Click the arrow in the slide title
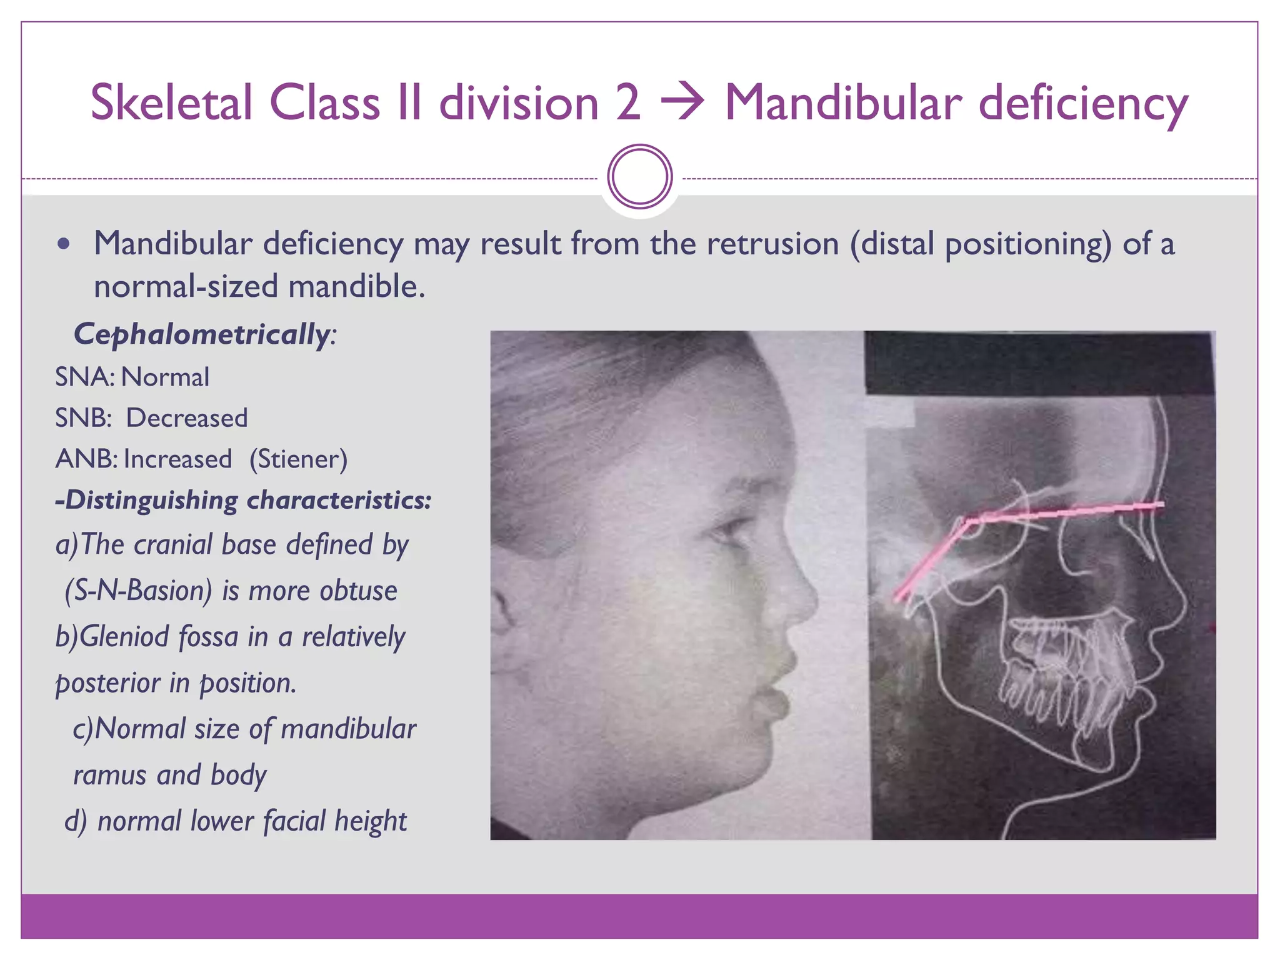pos(682,102)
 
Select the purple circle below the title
pos(639,177)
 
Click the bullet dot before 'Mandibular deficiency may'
pos(63,244)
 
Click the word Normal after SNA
pos(165,377)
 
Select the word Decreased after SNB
pos(187,418)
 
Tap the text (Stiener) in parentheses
pos(298,459)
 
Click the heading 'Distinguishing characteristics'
pos(244,500)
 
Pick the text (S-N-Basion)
pos(138,591)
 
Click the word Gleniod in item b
pos(124,637)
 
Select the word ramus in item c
pos(110,775)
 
